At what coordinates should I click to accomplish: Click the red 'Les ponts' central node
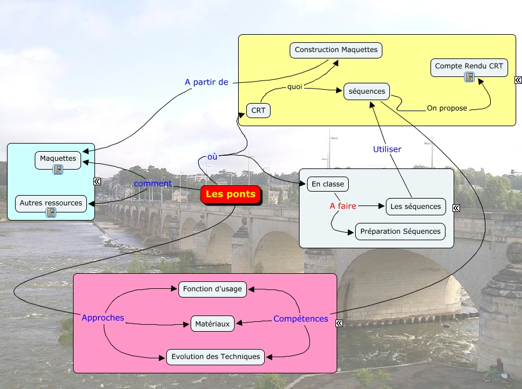point(231,195)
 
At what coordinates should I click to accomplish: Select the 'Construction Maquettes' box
point(336,50)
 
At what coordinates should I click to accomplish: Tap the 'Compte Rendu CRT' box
point(469,67)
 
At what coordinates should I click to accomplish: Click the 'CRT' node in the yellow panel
point(258,111)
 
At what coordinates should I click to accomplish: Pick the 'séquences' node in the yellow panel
point(367,91)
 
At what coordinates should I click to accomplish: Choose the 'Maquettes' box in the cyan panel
point(58,159)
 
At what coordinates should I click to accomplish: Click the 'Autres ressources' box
point(51,204)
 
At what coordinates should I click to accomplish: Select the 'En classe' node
point(327,184)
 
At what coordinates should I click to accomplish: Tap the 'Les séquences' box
point(415,206)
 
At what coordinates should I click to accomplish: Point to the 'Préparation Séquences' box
point(400,232)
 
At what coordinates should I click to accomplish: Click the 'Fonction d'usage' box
point(213,288)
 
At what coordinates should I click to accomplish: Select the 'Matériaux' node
point(213,324)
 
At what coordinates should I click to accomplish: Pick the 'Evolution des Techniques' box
point(216,357)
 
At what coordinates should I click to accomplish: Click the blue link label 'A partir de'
point(207,82)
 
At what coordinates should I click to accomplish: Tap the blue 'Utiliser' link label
point(387,149)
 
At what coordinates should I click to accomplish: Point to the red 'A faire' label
point(343,206)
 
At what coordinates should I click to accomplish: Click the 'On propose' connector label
point(447,108)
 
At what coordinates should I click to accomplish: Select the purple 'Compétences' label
point(301,319)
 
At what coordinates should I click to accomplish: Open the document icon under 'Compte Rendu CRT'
point(469,77)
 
